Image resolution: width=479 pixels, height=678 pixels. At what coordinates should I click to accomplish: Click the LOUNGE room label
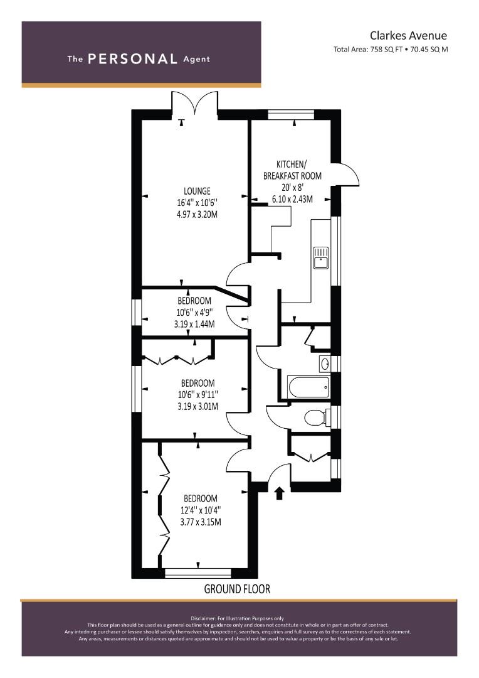click(x=197, y=191)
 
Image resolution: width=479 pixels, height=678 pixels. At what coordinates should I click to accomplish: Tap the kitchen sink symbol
click(x=320, y=257)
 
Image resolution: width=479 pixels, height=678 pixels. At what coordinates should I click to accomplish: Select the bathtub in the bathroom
click(x=308, y=387)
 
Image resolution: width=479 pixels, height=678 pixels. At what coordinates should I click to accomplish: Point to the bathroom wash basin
click(x=325, y=363)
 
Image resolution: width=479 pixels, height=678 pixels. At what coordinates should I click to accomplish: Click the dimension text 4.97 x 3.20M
click(x=197, y=215)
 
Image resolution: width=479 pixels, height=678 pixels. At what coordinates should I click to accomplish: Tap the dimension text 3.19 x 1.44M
click(x=194, y=325)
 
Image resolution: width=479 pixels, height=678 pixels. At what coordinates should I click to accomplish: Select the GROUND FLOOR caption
click(x=237, y=589)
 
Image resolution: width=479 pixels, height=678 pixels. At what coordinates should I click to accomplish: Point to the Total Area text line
click(x=391, y=49)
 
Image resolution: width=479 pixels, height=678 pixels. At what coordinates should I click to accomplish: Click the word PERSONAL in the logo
click(x=132, y=59)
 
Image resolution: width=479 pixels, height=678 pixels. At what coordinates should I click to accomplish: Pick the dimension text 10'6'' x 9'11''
click(x=197, y=394)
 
